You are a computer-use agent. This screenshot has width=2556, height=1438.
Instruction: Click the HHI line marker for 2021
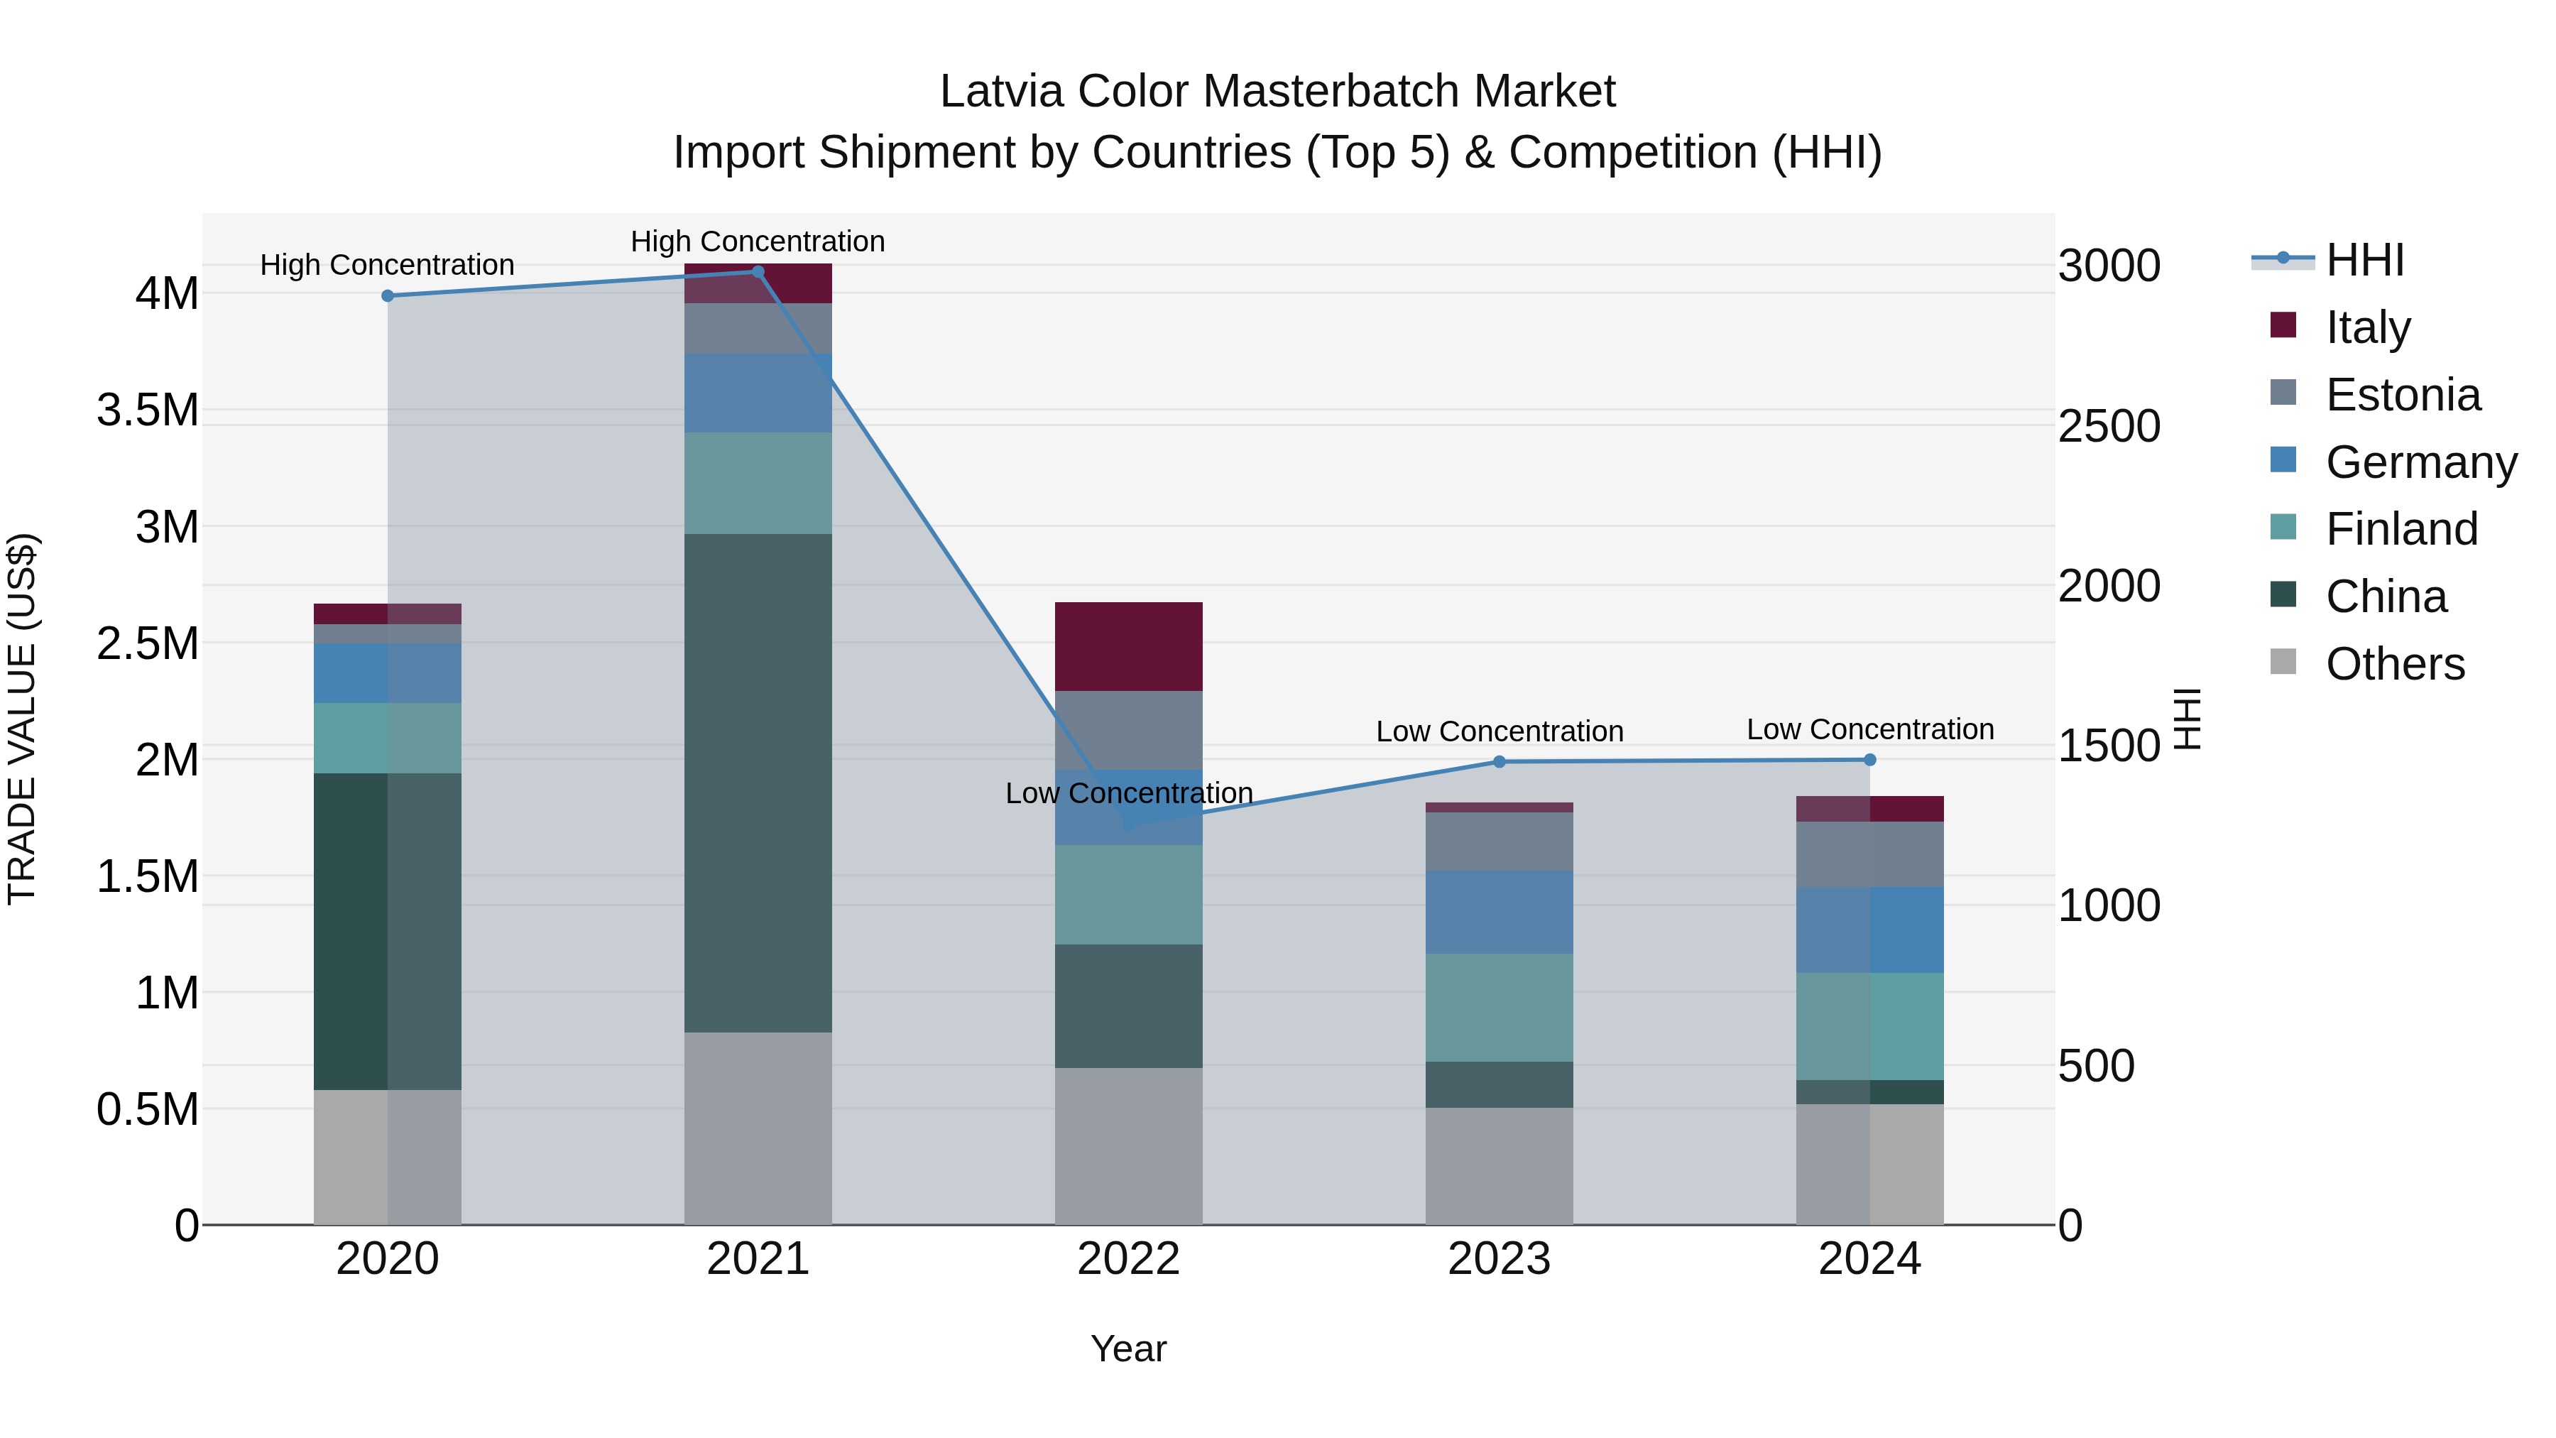[758, 272]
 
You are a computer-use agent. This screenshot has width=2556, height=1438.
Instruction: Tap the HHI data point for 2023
[1500, 761]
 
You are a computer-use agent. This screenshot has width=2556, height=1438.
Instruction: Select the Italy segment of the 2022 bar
[1128, 646]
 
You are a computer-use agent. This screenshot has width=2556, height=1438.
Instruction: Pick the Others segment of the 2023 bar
[1500, 1165]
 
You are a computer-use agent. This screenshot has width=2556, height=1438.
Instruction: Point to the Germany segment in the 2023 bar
[1500, 911]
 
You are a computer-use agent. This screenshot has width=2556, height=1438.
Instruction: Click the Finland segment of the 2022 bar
[1128, 894]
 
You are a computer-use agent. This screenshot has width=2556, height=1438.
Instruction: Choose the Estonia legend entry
[2402, 395]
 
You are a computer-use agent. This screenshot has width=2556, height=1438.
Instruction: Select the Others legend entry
[2394, 664]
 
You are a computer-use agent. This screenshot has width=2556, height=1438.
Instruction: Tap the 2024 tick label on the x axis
[1869, 1258]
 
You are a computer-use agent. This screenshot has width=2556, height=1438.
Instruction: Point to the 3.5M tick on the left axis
[148, 410]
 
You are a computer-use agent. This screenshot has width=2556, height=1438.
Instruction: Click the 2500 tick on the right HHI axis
[2109, 426]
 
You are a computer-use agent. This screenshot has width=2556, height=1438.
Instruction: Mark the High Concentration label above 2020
[387, 265]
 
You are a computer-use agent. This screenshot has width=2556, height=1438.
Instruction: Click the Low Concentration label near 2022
[1128, 793]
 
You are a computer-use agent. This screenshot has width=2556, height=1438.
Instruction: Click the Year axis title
[1128, 1349]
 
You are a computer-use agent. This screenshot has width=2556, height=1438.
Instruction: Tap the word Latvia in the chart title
[1001, 92]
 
